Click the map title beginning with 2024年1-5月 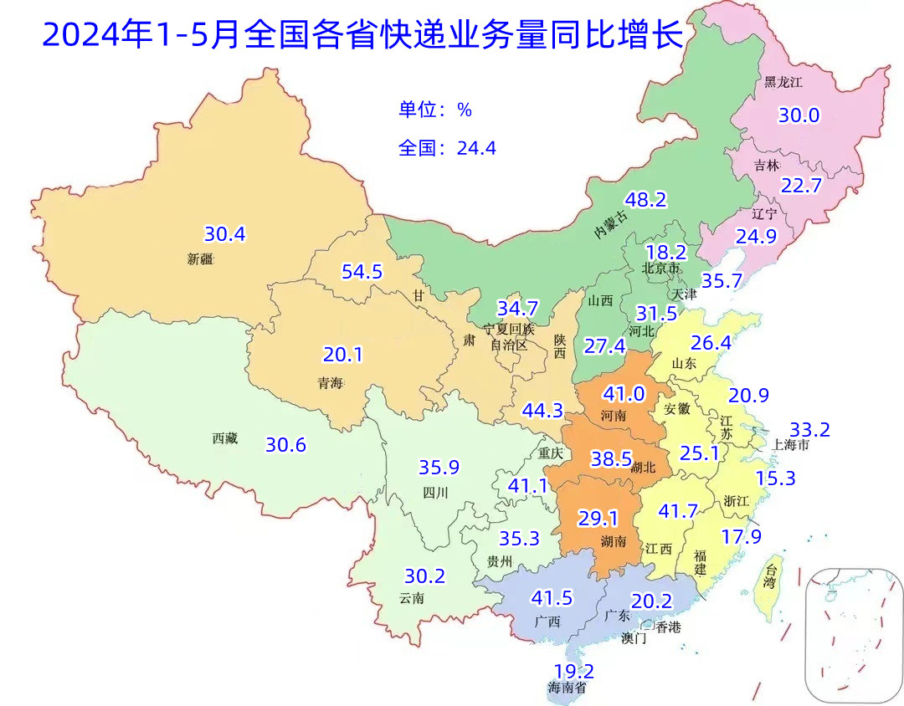tap(362, 36)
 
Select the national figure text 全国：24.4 tap(447, 148)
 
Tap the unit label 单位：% tap(435, 110)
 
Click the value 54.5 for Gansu tap(362, 272)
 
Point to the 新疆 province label tap(202, 259)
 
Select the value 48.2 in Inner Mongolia tap(646, 200)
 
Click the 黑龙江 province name tap(783, 82)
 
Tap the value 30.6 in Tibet tap(285, 445)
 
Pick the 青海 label tap(330, 383)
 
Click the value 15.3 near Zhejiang tap(776, 478)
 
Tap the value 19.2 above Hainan tap(573, 671)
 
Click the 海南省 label tap(567, 688)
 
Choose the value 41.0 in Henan tap(624, 394)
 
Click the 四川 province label tap(434, 493)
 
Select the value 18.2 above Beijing tap(666, 252)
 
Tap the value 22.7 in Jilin tap(801, 186)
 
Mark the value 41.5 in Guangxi tap(552, 598)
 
